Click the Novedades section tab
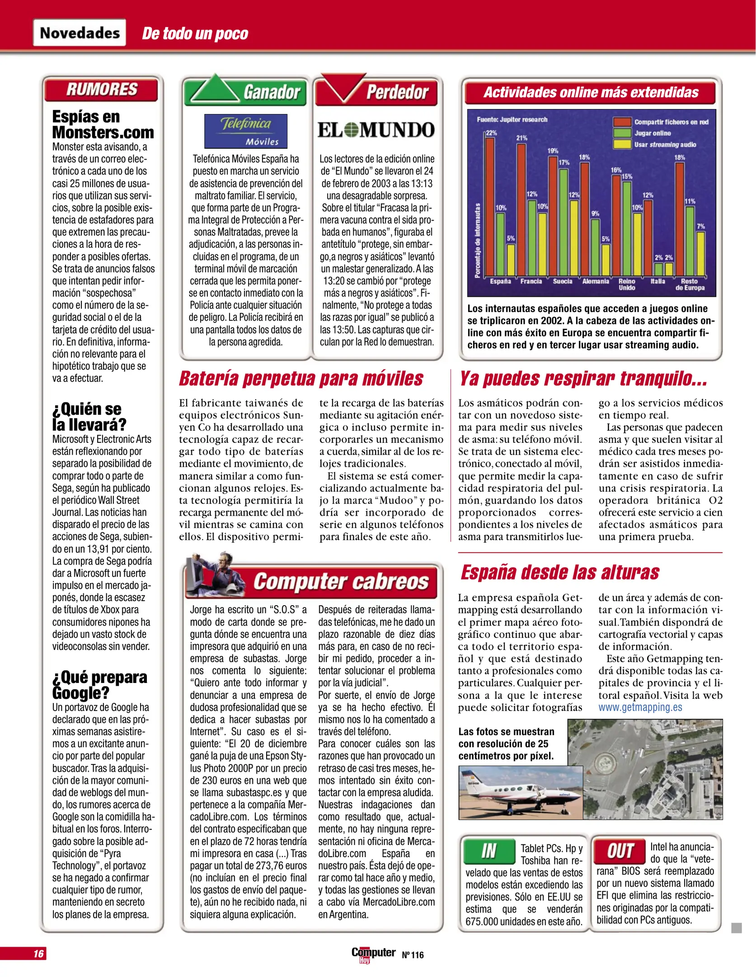[x=80, y=33]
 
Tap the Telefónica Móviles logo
[x=245, y=131]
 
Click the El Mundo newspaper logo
[x=376, y=130]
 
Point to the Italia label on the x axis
[x=657, y=281]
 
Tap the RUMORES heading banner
[x=101, y=89]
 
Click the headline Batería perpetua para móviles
[x=301, y=379]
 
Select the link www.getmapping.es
[x=640, y=707]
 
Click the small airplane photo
[x=520, y=792]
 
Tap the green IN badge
[x=489, y=851]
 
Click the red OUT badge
[x=620, y=851]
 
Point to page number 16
[x=38, y=953]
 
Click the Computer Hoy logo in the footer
[x=373, y=954]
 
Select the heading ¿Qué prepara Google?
[x=99, y=685]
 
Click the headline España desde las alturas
[x=559, y=572]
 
